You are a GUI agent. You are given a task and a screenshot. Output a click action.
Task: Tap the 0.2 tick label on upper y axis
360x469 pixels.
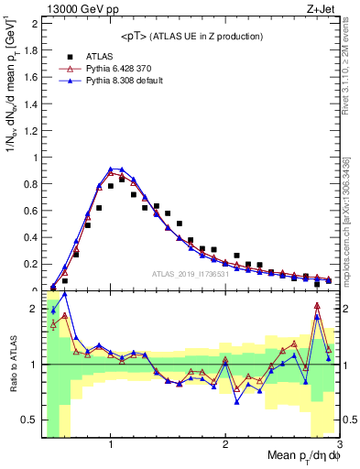30,265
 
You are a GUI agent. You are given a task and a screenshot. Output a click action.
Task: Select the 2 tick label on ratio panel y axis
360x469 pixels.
34,309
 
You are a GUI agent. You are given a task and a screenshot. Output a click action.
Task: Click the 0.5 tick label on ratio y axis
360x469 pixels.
30,420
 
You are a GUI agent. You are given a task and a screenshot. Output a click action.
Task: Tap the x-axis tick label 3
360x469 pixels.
339,445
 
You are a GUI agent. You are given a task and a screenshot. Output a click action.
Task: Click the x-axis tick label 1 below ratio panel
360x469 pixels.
111,445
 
